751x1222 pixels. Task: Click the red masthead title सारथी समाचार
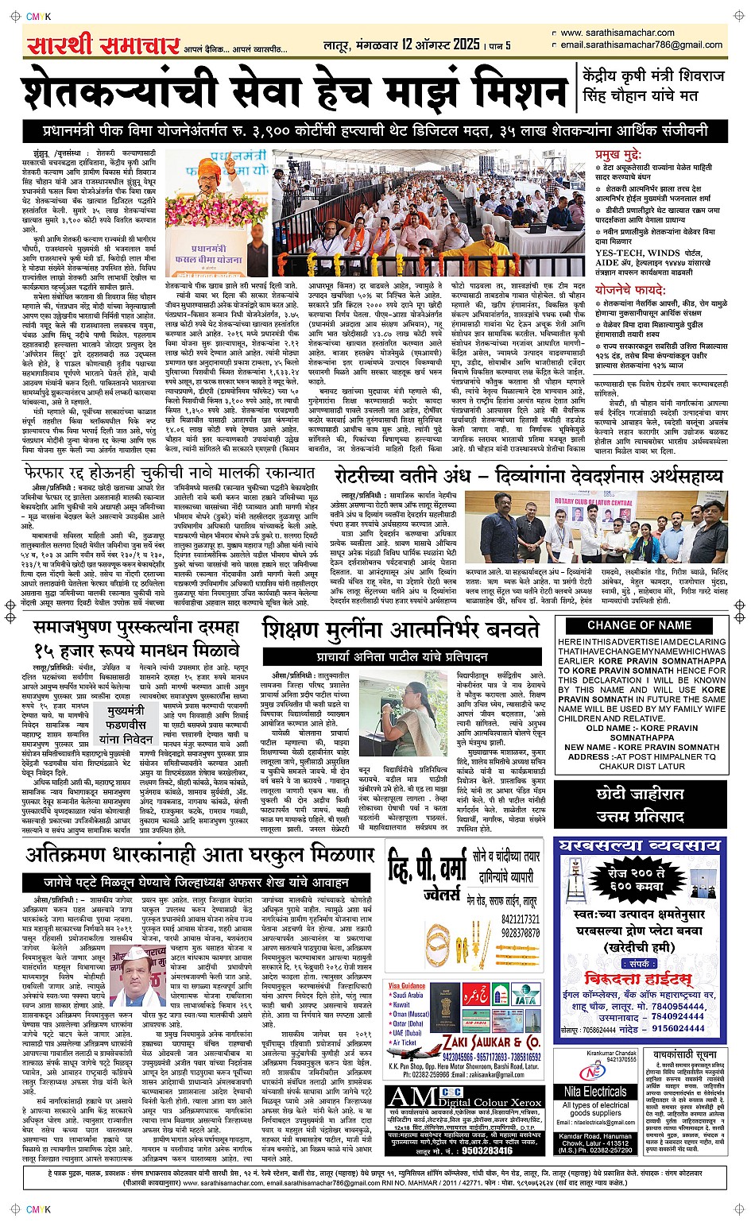coord(102,45)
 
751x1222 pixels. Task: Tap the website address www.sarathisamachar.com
coord(618,33)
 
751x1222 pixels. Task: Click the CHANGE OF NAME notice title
coord(640,625)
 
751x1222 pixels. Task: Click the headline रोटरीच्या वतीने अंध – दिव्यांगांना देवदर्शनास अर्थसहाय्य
coord(529,475)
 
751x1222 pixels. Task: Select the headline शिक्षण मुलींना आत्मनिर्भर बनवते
coord(401,630)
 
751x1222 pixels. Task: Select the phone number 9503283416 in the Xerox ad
coord(487,1150)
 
